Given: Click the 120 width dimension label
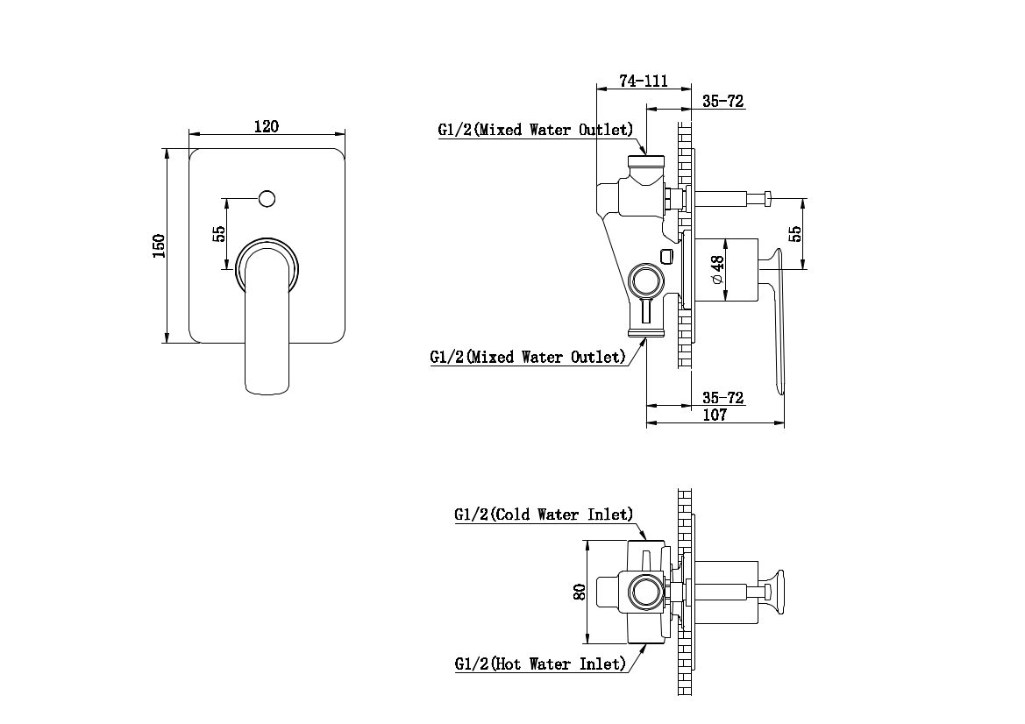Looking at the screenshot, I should [x=267, y=126].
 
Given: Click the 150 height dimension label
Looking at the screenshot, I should [x=159, y=245].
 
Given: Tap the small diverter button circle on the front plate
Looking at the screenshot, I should [x=268, y=198].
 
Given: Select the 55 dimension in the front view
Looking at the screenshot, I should [x=219, y=233].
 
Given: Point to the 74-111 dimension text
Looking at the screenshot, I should [x=644, y=81].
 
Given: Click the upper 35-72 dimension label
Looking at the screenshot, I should [x=722, y=102].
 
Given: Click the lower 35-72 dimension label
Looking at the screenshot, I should [x=722, y=398].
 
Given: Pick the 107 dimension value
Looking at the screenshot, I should [x=715, y=415].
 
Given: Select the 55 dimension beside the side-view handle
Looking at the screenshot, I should [x=796, y=234].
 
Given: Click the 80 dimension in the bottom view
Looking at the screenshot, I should [x=579, y=592].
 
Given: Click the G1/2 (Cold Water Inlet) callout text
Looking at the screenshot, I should [x=544, y=515].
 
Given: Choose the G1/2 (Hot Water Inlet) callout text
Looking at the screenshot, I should [x=540, y=664].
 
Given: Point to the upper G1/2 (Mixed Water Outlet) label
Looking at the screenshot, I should [x=535, y=130].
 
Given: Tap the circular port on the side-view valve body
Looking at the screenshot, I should [x=647, y=282].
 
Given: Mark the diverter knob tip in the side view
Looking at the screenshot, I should [x=767, y=199].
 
